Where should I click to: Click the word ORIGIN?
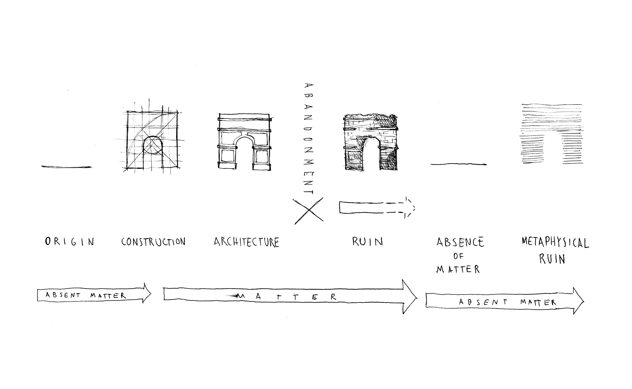70,241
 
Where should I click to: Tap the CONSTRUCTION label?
153,241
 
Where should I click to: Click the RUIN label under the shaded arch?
367,241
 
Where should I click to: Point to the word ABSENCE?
460,242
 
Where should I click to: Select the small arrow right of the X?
377,207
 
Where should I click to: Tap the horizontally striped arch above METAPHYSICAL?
552,134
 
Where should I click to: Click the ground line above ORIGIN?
67,167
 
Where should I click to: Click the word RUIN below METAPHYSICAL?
552,259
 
